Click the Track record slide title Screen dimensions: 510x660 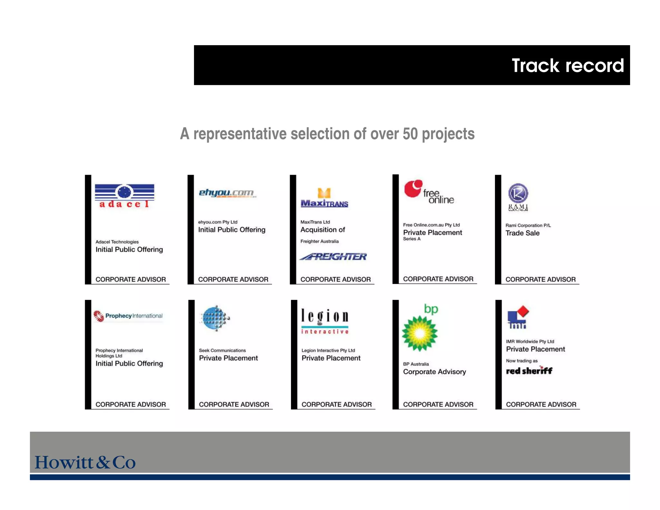pyautogui.click(x=568, y=65)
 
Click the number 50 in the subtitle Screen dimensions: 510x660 pyautogui.click(x=410, y=134)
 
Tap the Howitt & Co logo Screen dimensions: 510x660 pyautogui.click(x=85, y=462)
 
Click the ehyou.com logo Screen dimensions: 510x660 pyautogui.click(x=226, y=193)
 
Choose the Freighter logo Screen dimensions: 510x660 pyautogui.click(x=333, y=257)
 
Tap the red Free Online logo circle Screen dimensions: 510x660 pyautogui.click(x=413, y=189)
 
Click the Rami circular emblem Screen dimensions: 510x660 pyautogui.click(x=518, y=193)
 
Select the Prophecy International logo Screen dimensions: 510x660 pyautogui.click(x=128, y=316)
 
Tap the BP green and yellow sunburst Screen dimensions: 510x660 pyautogui.click(x=420, y=333)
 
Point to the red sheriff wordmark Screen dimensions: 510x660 pyautogui.click(x=529, y=371)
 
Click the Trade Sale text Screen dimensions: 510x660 pyautogui.click(x=522, y=233)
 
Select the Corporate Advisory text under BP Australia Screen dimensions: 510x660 pyautogui.click(x=434, y=372)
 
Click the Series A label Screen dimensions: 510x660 pyautogui.click(x=412, y=239)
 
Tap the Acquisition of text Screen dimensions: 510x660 pyautogui.click(x=323, y=230)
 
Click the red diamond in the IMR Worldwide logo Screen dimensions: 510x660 pyautogui.click(x=523, y=311)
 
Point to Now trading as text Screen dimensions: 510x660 pyautogui.click(x=522, y=361)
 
